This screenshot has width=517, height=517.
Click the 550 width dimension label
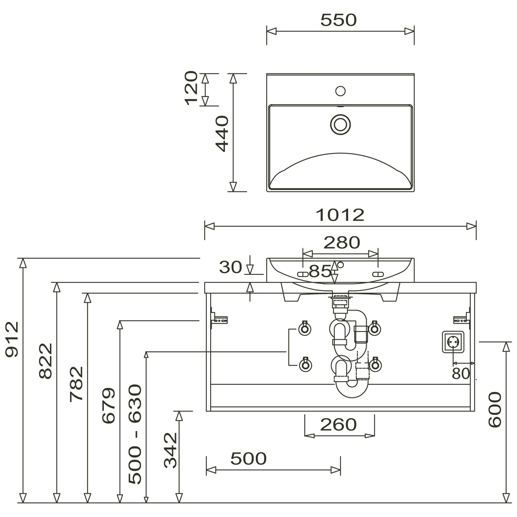point(338,20)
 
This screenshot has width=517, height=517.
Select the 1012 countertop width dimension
point(340,215)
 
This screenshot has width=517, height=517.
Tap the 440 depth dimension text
point(222,134)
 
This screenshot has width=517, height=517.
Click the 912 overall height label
point(12,340)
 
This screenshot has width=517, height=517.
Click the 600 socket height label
point(495,410)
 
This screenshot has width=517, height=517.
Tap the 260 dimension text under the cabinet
point(338,424)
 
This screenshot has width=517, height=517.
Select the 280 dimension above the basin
point(342,243)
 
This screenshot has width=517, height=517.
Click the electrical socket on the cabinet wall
point(453,342)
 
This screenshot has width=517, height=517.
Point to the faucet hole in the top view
point(341,91)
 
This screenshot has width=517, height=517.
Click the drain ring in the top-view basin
point(341,124)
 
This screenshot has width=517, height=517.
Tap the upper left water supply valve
point(305,328)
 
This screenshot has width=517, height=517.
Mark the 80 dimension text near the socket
point(461,373)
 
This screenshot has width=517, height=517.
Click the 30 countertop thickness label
point(230,267)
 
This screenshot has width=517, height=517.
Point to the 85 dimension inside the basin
point(320,271)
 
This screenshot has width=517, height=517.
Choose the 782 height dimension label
point(77,384)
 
